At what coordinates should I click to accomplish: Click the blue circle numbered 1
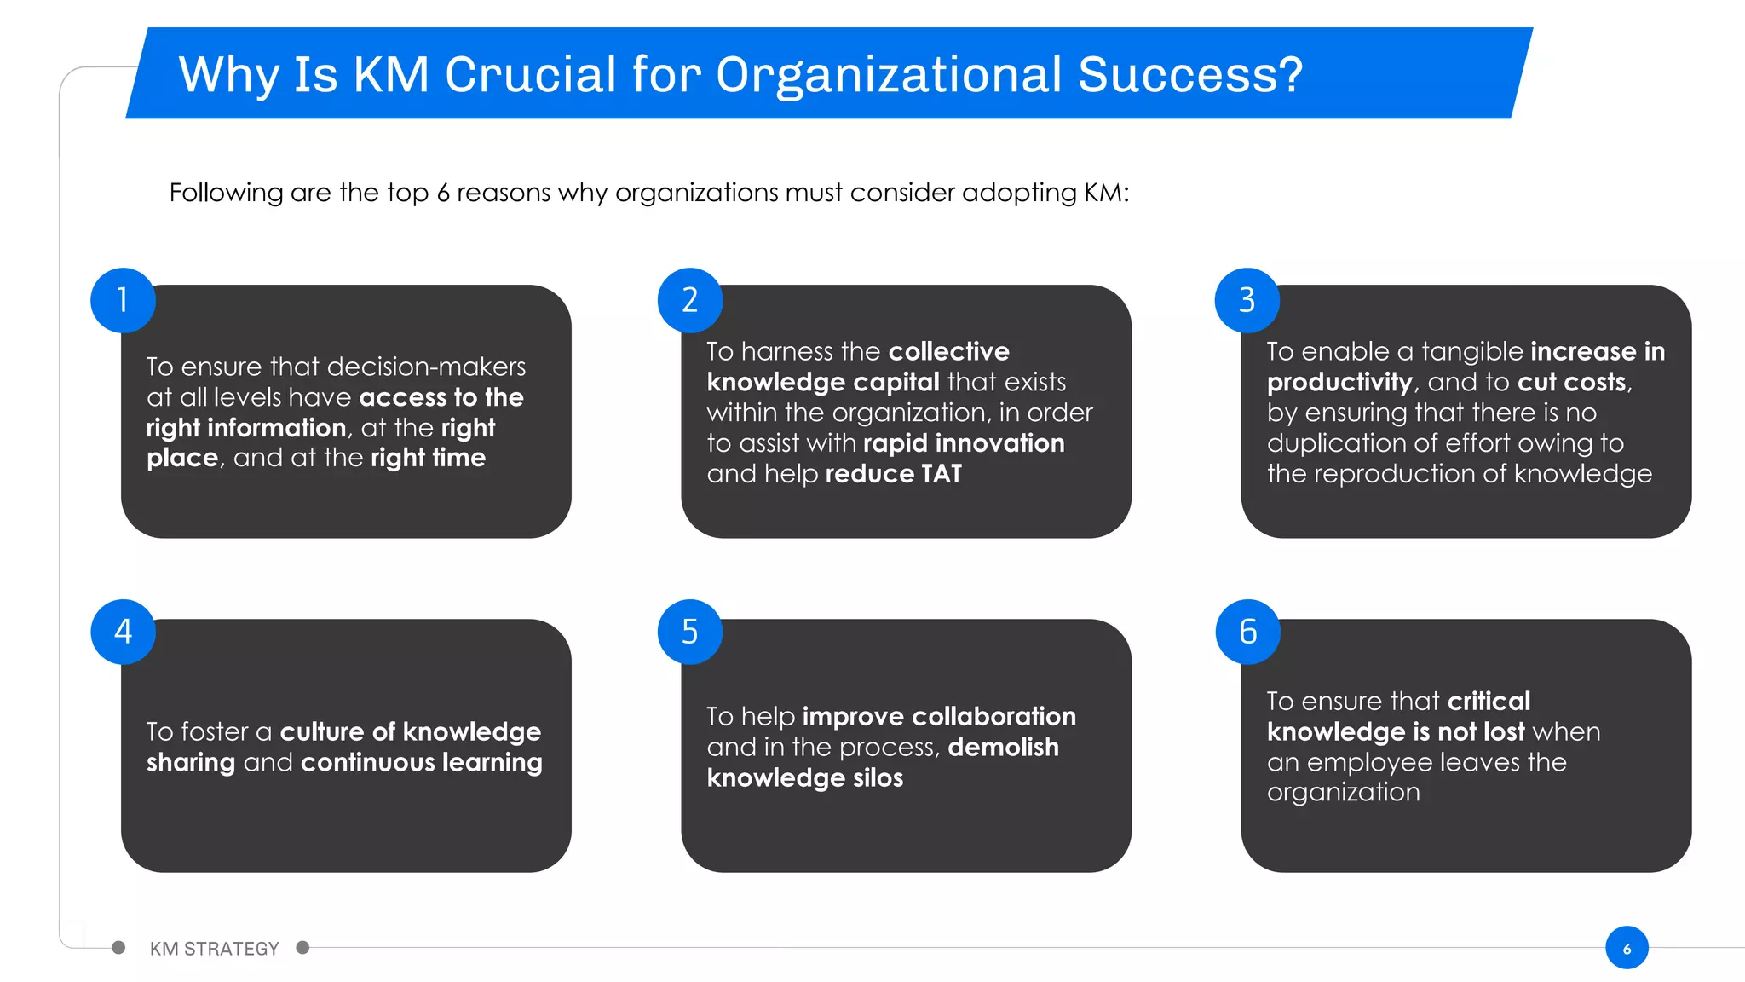123,300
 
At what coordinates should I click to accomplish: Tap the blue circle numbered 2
690,300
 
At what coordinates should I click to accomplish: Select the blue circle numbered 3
1247,300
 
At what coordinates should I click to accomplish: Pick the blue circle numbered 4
123,632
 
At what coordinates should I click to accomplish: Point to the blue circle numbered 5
690,632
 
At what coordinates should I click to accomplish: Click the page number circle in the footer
1627,948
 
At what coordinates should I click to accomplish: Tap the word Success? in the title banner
1190,74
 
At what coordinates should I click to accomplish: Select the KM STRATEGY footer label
214,949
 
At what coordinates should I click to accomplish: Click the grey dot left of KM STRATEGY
118,948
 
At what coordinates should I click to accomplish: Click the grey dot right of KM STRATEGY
302,948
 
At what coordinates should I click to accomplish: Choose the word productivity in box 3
1339,383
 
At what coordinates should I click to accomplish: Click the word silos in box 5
878,777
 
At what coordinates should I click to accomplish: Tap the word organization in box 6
1343,793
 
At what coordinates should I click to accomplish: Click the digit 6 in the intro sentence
443,193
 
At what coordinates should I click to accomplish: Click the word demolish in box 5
1003,747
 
